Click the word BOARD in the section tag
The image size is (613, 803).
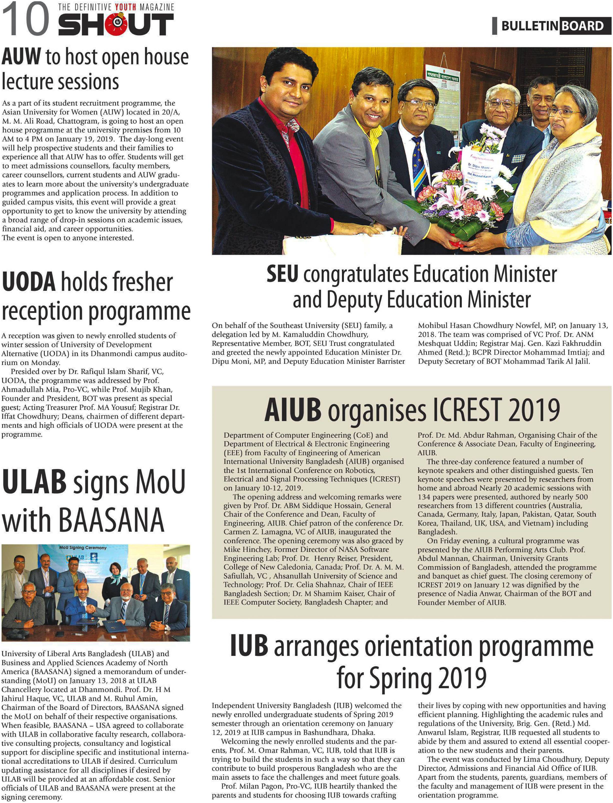[583, 26]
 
